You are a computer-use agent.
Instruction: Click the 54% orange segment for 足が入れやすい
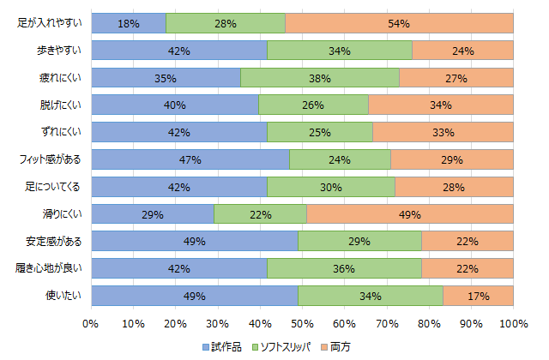399,23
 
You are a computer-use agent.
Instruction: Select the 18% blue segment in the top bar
129,23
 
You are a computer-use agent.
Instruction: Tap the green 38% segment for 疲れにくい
319,78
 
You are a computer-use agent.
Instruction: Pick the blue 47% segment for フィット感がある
190,159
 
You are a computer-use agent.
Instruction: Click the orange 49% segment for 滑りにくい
409,214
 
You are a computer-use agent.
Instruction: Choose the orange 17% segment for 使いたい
478,296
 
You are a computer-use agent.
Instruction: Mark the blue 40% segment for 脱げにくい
175,105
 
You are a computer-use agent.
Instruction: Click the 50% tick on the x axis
302,323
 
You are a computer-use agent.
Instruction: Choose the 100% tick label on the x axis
513,323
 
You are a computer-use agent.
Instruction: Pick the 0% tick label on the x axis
91,323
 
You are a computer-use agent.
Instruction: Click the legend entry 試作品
226,346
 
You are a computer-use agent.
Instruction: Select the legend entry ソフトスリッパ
290,346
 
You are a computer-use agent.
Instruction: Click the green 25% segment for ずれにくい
320,132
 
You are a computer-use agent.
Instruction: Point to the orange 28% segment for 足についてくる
454,187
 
